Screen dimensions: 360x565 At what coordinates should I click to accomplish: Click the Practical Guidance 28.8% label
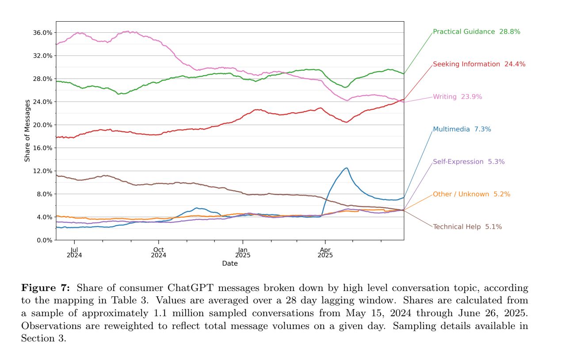click(x=476, y=32)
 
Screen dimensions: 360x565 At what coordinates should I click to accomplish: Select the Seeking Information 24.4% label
click(x=479, y=64)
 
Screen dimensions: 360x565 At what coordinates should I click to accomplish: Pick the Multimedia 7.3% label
click(x=462, y=129)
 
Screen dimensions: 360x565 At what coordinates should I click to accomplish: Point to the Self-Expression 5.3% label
click(x=468, y=162)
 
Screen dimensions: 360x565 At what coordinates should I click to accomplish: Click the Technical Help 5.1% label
click(x=467, y=227)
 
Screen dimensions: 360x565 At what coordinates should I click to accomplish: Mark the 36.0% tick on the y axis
click(x=43, y=33)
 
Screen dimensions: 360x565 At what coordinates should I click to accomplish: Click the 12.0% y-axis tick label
click(x=43, y=171)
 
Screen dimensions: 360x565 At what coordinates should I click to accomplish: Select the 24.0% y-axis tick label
click(x=43, y=102)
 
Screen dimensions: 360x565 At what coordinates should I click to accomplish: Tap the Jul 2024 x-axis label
click(x=75, y=253)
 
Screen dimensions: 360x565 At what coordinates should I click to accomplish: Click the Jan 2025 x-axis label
click(x=242, y=253)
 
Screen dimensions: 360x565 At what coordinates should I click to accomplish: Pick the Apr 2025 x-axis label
click(x=325, y=253)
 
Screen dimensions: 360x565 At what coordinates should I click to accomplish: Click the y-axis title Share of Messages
click(x=27, y=130)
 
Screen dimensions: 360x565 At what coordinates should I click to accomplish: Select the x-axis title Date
click(x=229, y=264)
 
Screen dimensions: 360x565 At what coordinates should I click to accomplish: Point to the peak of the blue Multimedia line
click(x=346, y=168)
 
